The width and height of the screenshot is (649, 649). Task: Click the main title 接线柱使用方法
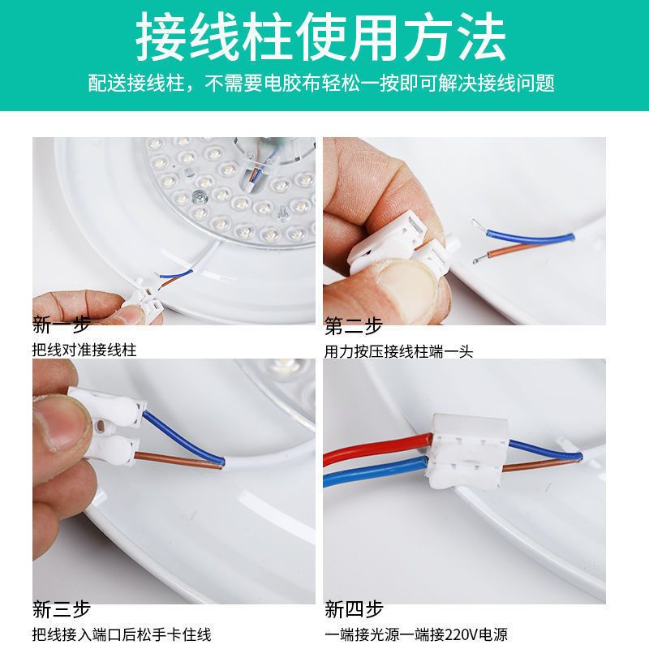pyautogui.click(x=320, y=36)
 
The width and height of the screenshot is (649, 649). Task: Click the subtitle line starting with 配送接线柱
pyautogui.click(x=321, y=83)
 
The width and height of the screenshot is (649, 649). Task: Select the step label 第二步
pyautogui.click(x=353, y=326)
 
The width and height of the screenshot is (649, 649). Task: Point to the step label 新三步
pyautogui.click(x=62, y=610)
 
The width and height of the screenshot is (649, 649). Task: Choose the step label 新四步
pyautogui.click(x=354, y=609)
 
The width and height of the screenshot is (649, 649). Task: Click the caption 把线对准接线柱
pyautogui.click(x=84, y=350)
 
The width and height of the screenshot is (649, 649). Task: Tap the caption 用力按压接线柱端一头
pyautogui.click(x=398, y=352)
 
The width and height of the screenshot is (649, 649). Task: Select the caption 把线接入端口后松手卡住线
pyautogui.click(x=122, y=634)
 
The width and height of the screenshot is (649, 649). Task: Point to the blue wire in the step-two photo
pyautogui.click(x=531, y=236)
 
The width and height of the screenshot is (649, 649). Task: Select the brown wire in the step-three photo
pyautogui.click(x=178, y=460)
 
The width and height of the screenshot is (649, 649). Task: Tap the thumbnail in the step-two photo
pyautogui.click(x=410, y=280)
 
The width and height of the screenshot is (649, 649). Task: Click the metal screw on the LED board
pyautogui.click(x=200, y=196)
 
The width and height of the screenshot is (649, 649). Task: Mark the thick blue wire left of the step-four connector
pyautogui.click(x=376, y=471)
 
